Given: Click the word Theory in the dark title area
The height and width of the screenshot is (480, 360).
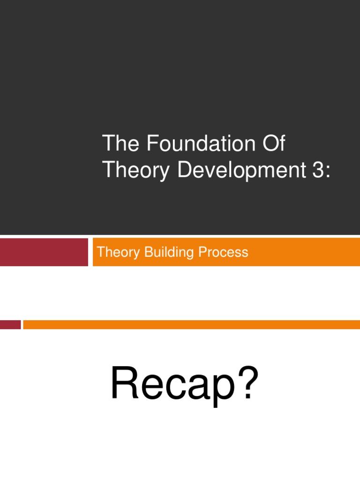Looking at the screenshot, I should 136,171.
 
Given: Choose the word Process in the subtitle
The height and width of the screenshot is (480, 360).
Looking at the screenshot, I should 223,253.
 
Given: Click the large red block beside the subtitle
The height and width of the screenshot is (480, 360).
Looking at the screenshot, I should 44,252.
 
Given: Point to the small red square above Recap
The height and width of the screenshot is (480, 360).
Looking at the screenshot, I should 10,324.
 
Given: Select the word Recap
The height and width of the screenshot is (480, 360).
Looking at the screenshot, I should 172,384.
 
